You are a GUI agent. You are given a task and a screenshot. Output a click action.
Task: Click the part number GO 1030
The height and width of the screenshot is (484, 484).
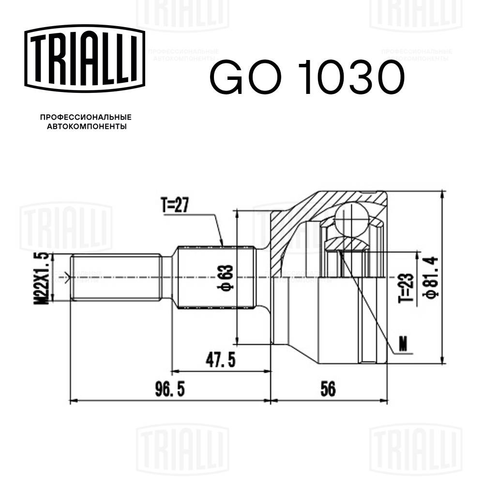[x=306, y=77]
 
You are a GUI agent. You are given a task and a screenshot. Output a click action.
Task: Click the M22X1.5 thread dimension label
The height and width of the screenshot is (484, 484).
[x=43, y=278]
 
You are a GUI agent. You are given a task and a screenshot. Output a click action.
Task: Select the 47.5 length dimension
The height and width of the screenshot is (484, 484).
[x=220, y=360]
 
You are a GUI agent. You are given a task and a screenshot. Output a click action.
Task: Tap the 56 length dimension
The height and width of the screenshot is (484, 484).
[x=328, y=389]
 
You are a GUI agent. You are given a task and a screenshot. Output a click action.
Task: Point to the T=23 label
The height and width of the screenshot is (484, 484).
[x=407, y=287]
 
